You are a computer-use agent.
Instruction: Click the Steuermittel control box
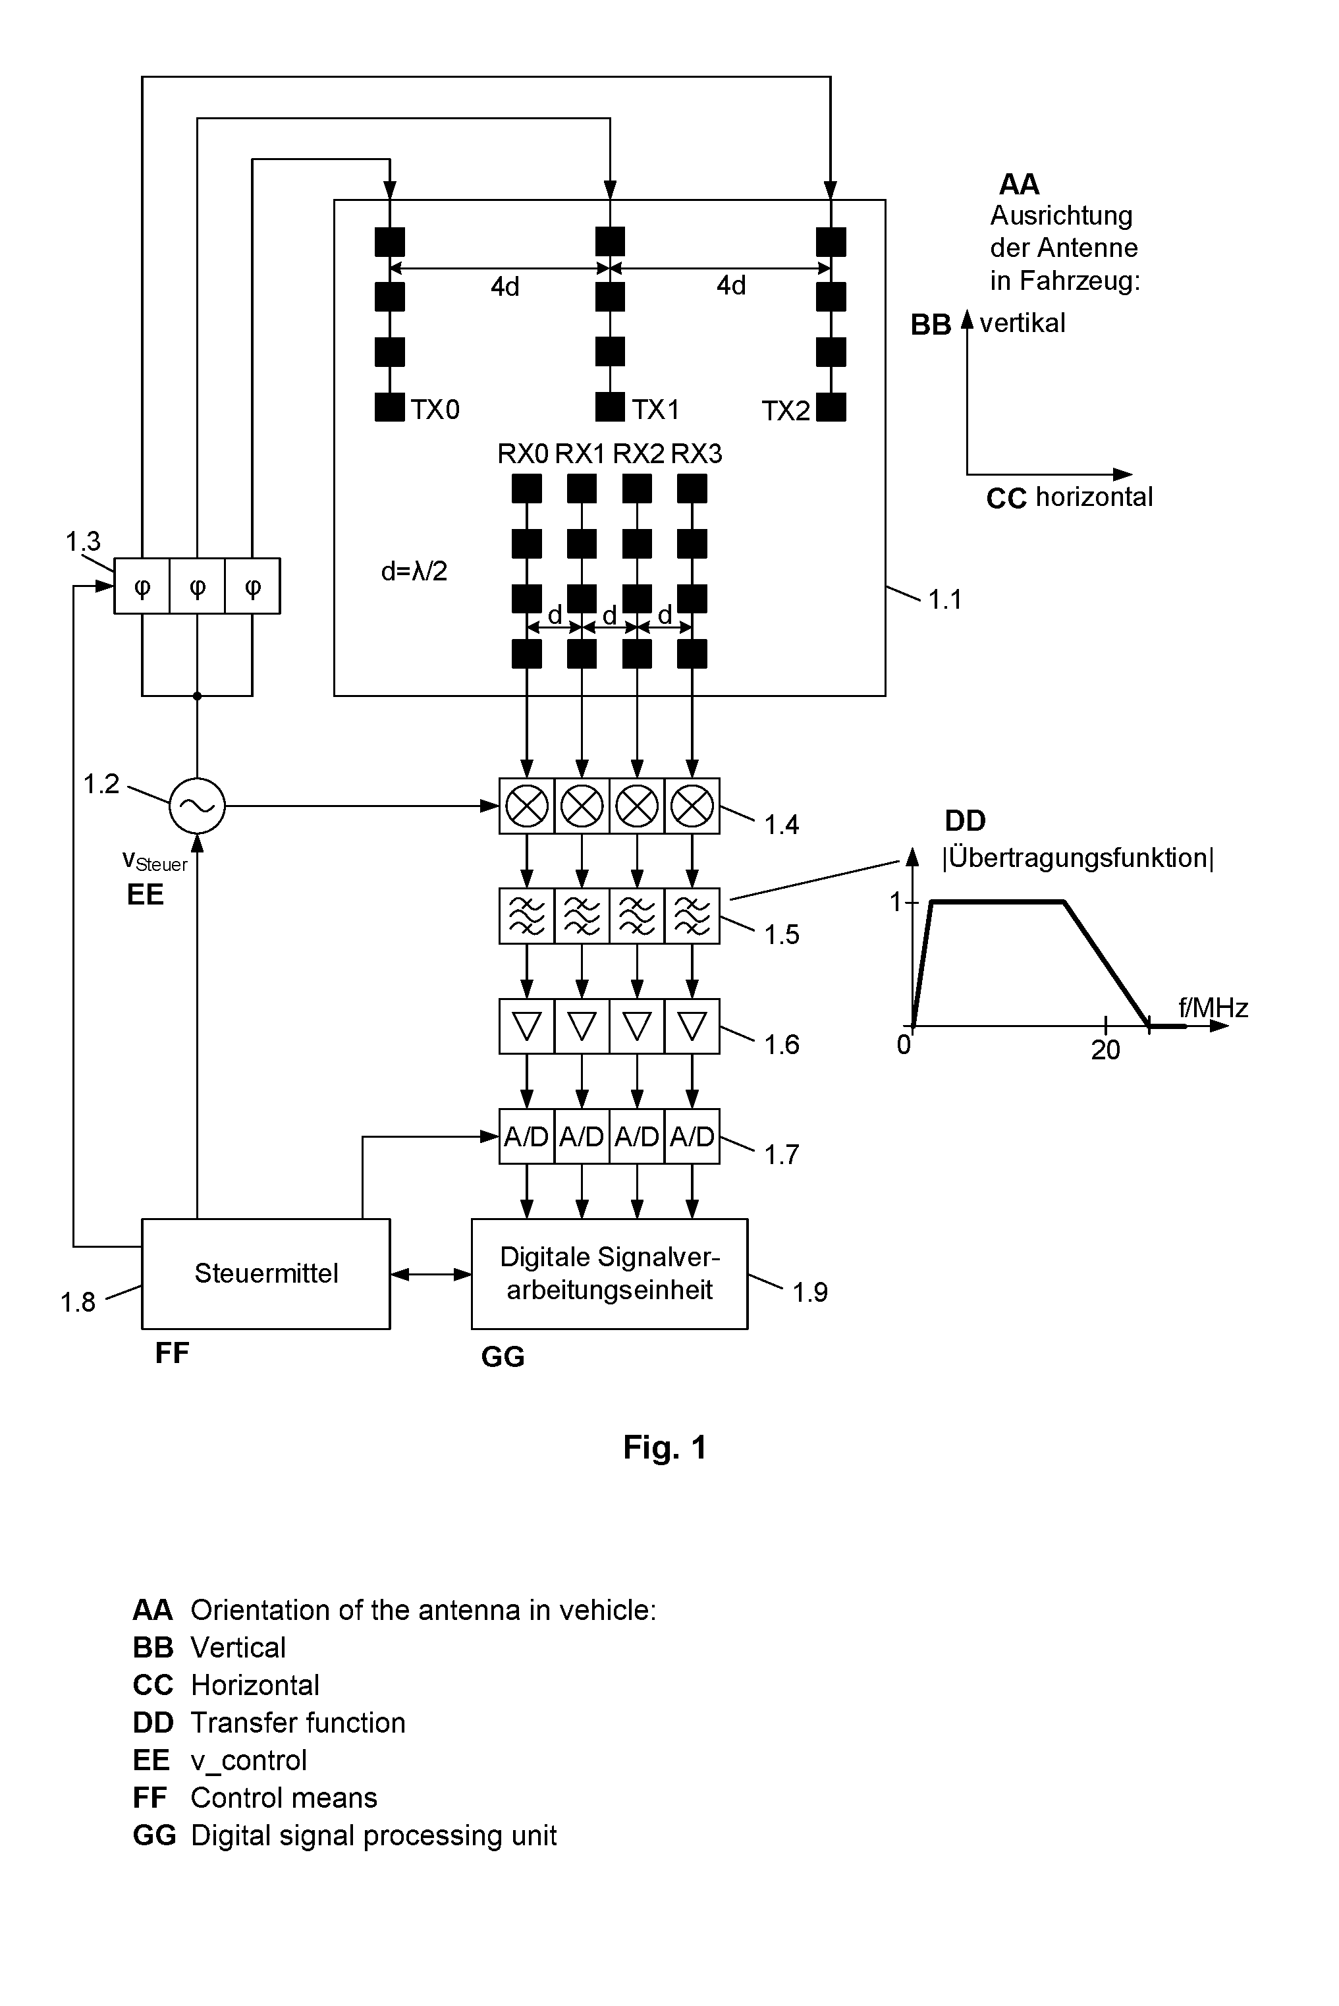pyautogui.click(x=265, y=1273)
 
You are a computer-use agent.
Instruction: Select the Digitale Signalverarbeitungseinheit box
pyautogui.click(x=610, y=1273)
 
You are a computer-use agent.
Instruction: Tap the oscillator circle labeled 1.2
pyautogui.click(x=198, y=805)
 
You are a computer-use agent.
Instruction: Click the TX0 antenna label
pyautogui.click(x=435, y=410)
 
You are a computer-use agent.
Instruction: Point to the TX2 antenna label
pyautogui.click(x=786, y=411)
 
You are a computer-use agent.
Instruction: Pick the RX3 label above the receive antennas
pyautogui.click(x=697, y=453)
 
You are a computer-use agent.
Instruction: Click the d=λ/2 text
pyautogui.click(x=414, y=571)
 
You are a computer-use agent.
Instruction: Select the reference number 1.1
pyautogui.click(x=945, y=599)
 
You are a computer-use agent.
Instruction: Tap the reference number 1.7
pyautogui.click(x=781, y=1155)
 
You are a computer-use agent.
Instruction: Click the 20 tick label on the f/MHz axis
pyautogui.click(x=1105, y=1049)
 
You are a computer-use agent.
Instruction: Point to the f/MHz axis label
pyautogui.click(x=1213, y=1008)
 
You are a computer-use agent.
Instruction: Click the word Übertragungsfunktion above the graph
pyautogui.click(x=1078, y=857)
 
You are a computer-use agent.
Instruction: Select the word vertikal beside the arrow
pyautogui.click(x=1023, y=323)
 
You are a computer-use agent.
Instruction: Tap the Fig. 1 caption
pyautogui.click(x=665, y=1447)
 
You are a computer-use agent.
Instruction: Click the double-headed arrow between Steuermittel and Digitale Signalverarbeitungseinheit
pyautogui.click(x=431, y=1274)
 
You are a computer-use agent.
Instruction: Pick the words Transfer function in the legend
pyautogui.click(x=298, y=1723)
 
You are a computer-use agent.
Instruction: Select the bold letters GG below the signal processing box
pyautogui.click(x=503, y=1356)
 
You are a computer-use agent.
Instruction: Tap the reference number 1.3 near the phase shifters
pyautogui.click(x=83, y=541)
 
